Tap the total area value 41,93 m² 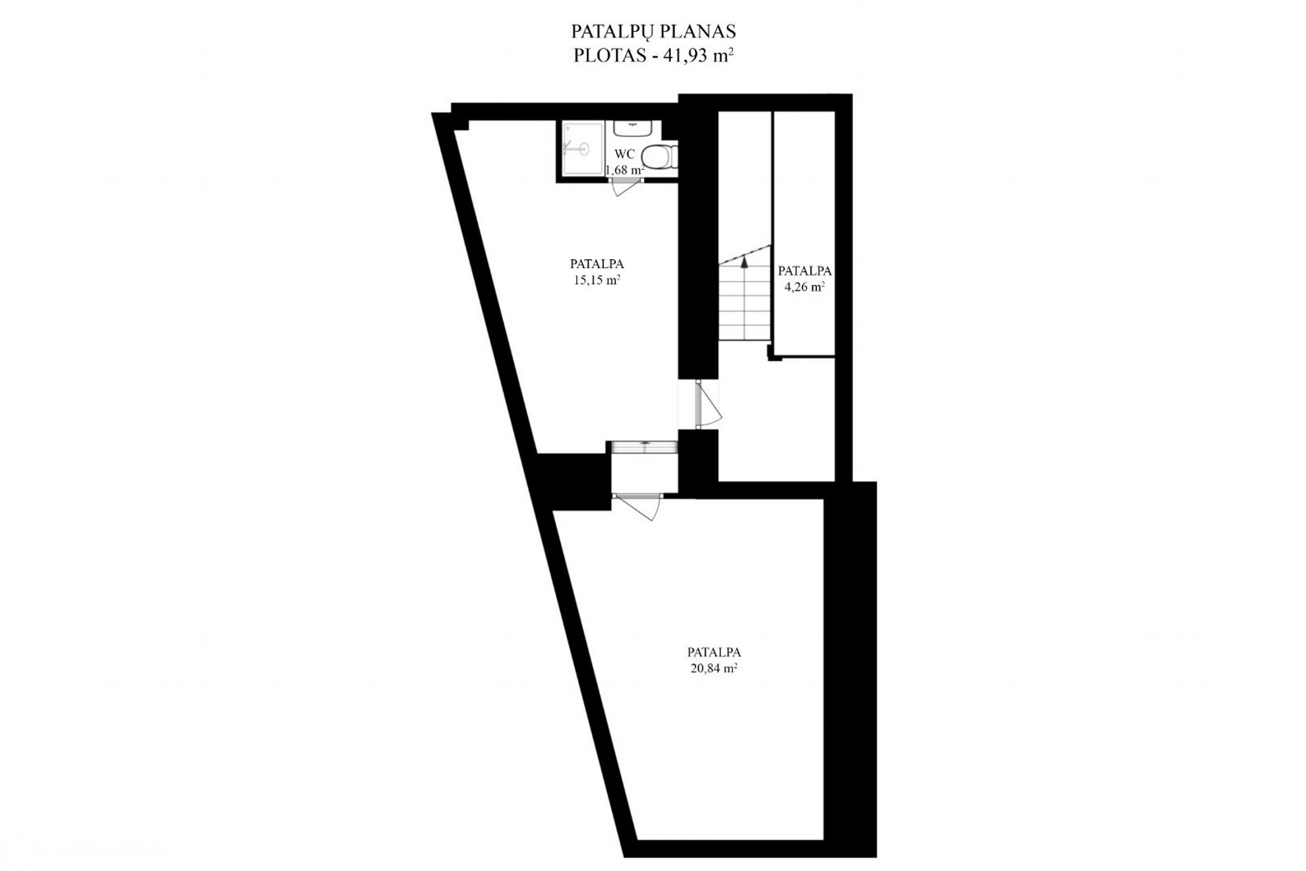697,56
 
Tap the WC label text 625,154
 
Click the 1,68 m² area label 625,170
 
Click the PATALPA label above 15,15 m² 597,263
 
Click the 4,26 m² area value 805,287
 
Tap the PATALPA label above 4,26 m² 805,271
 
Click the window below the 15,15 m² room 643,447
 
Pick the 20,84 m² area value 714,668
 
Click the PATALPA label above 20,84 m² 714,652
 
